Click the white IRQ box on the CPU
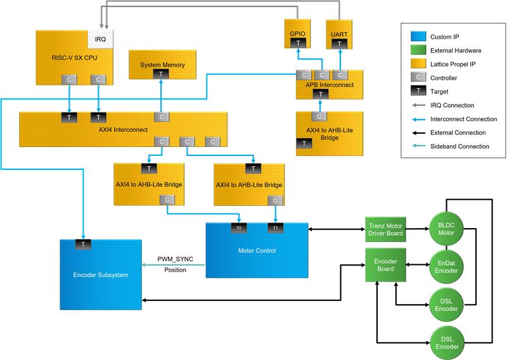point(99,38)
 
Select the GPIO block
point(298,32)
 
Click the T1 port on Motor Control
point(274,228)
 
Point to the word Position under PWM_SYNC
point(175,271)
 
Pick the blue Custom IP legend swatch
point(415,37)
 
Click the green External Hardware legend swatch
point(415,50)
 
